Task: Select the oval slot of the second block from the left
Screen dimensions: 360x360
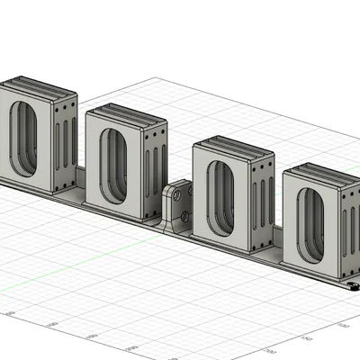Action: point(113,165)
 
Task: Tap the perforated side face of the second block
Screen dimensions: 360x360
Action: point(156,169)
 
